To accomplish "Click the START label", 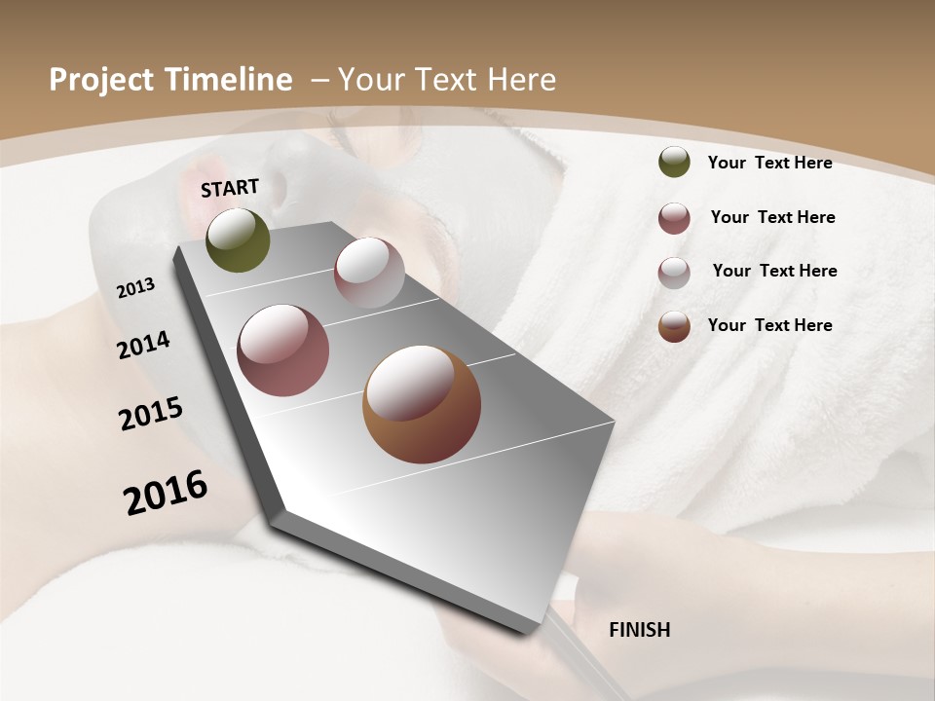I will (230, 187).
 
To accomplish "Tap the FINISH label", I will (640, 630).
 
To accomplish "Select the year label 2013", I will (136, 288).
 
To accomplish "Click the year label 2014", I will (144, 345).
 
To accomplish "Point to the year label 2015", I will (151, 413).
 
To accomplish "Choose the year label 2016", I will (166, 493).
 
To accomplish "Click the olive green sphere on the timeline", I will (239, 240).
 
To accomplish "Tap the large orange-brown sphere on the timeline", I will (422, 404).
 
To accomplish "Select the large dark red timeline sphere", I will (283, 350).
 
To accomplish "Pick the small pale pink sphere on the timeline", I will (369, 273).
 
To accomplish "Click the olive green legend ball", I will (674, 162).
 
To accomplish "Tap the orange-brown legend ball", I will (674, 326).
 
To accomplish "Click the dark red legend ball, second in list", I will (674, 218).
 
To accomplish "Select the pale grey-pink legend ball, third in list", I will (674, 273).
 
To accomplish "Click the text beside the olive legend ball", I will (769, 163).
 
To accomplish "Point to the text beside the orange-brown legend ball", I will (769, 325).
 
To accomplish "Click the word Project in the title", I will (99, 80).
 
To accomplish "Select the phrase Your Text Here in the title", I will (447, 80).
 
